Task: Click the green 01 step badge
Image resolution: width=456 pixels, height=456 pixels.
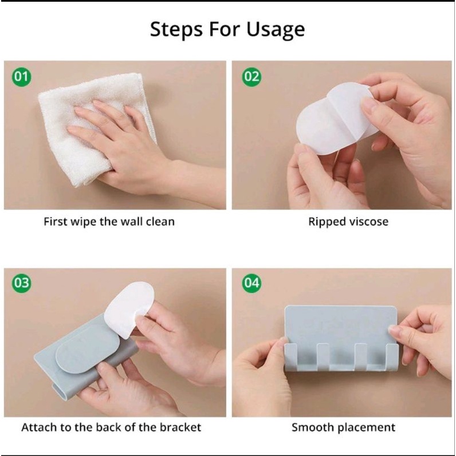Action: point(22,77)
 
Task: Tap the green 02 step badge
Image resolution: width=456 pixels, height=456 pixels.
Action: point(251,77)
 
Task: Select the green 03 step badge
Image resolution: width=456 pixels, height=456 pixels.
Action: point(22,283)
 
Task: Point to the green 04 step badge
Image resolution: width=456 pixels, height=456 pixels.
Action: point(251,283)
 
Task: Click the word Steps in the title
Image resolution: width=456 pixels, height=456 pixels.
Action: point(176,30)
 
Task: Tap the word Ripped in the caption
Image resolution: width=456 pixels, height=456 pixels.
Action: point(327,222)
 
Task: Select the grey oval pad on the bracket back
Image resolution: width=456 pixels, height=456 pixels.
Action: point(87,349)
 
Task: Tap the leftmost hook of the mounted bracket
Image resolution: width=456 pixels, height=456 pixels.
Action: point(291,357)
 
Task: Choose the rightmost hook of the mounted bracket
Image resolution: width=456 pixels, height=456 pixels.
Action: point(392,357)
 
